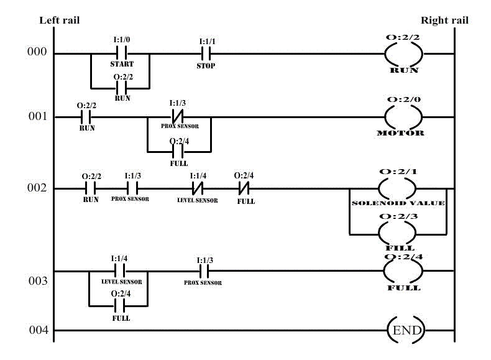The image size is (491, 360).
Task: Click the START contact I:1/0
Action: pos(122,53)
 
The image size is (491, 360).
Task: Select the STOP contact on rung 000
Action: pos(206,53)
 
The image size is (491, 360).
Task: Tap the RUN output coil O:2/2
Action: pos(403,54)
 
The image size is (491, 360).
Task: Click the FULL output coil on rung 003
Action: pos(403,271)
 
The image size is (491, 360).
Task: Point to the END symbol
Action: pos(405,330)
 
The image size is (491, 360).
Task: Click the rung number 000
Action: pos(37,52)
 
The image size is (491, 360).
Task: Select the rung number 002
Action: pos(37,188)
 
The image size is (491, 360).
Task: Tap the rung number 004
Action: pos(37,330)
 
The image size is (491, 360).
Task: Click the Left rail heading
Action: pos(60,21)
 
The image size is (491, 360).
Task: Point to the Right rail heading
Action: pos(444,21)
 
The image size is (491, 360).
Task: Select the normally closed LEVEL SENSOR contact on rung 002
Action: pos(198,188)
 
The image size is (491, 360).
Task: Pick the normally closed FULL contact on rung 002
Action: pos(244,188)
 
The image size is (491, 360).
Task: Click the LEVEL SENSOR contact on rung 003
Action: pos(119,271)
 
